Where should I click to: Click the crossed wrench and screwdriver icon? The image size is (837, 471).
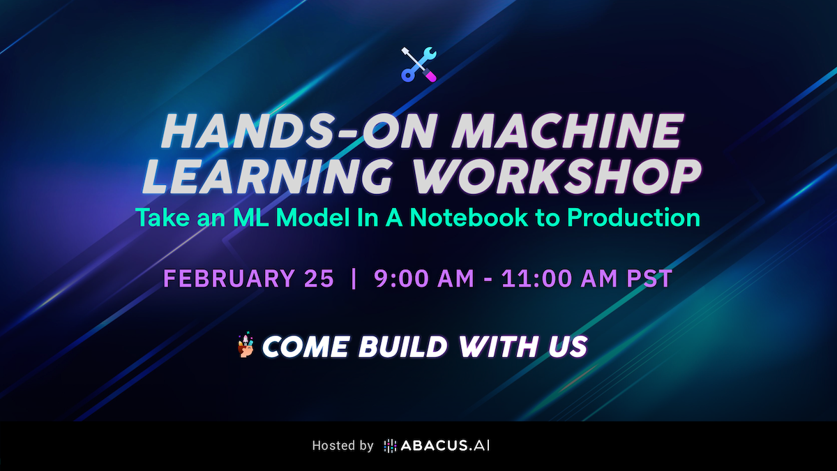[x=418, y=64]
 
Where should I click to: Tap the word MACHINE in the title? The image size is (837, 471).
[x=568, y=132]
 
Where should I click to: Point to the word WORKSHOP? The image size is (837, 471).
[x=556, y=176]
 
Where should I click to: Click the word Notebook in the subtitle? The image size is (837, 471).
[x=469, y=217]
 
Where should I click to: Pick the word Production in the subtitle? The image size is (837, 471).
[x=633, y=217]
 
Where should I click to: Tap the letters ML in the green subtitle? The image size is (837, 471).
[x=250, y=217]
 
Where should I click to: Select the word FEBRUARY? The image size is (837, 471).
[x=229, y=278]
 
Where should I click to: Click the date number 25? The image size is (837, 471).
[x=319, y=278]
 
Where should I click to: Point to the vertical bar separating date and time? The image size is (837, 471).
[x=354, y=278]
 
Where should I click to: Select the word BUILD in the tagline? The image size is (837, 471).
[x=403, y=347]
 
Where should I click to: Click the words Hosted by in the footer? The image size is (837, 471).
[x=342, y=446]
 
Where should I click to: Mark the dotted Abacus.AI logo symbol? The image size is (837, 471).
[x=390, y=446]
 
